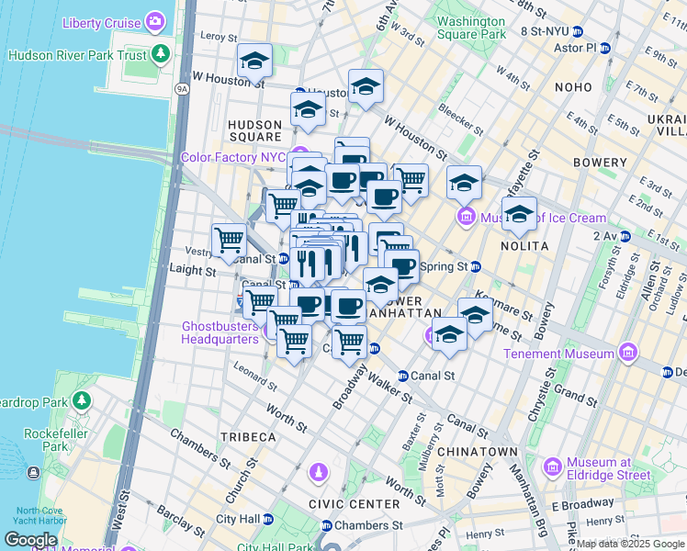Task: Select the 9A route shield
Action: coord(182,89)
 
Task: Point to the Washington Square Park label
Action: coord(471,28)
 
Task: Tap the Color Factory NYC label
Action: coord(234,157)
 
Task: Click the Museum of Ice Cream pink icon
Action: coord(467,218)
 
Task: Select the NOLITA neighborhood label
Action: coord(524,246)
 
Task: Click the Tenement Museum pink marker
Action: coord(627,354)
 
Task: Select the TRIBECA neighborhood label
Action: coord(247,436)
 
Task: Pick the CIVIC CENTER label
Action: coord(355,504)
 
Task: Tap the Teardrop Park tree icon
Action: coord(82,400)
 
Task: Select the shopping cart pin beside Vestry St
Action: coord(229,241)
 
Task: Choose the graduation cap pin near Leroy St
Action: coord(254,62)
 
